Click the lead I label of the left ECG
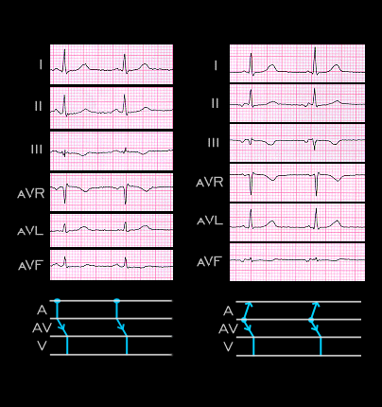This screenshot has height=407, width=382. pyautogui.click(x=41, y=64)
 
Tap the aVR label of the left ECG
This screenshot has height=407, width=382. pyautogui.click(x=31, y=193)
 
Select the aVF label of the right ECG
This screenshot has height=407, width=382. pyautogui.click(x=209, y=262)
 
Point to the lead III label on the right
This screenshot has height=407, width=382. pyautogui.click(x=214, y=143)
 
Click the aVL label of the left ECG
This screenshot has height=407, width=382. pyautogui.click(x=30, y=231)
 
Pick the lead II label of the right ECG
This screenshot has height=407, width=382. pyautogui.click(x=215, y=103)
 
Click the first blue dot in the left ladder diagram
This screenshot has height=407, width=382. pyautogui.click(x=57, y=301)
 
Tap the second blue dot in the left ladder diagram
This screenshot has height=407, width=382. pyautogui.click(x=117, y=301)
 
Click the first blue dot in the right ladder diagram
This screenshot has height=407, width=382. pyautogui.click(x=244, y=320)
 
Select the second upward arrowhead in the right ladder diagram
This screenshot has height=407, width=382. pyautogui.click(x=316, y=304)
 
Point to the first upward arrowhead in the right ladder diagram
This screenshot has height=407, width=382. pyautogui.click(x=249, y=304)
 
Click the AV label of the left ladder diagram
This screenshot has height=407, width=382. pyautogui.click(x=42, y=328)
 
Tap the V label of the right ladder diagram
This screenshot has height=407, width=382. pyautogui.click(x=228, y=347)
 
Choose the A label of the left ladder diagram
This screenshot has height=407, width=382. pyautogui.click(x=42, y=310)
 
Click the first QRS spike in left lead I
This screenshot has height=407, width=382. pyautogui.click(x=64, y=61)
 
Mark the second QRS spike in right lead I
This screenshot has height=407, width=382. pyautogui.click(x=315, y=61)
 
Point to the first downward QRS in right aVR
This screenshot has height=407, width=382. pyautogui.click(x=252, y=184)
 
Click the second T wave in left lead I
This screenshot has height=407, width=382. pyautogui.click(x=144, y=66)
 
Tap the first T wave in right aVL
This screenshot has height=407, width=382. pyautogui.click(x=271, y=223)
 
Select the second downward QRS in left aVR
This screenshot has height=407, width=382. pyautogui.click(x=126, y=194)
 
